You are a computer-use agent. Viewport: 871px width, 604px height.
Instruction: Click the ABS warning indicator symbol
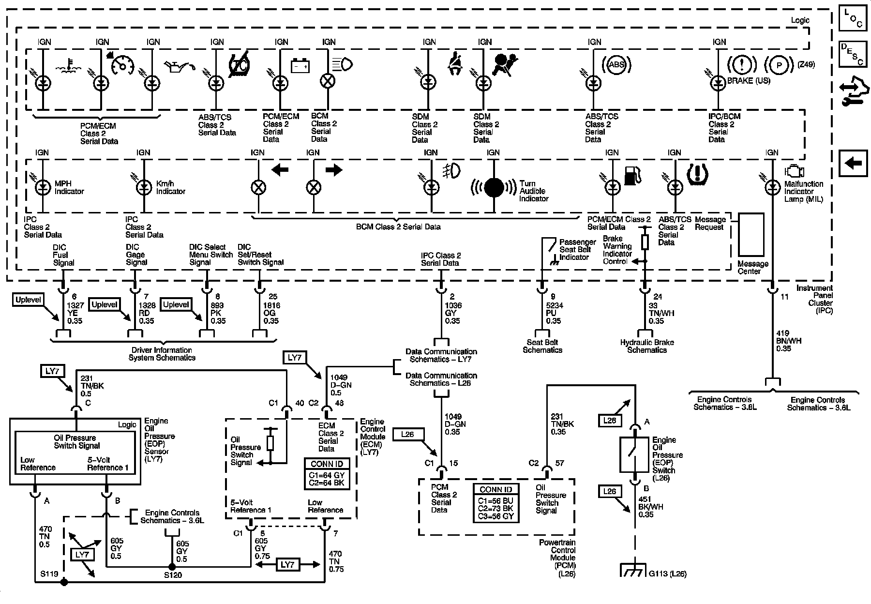tap(616, 64)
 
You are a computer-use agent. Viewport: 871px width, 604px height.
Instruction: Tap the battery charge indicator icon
tap(300, 65)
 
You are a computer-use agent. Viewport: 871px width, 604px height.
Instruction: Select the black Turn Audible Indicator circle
tap(494, 188)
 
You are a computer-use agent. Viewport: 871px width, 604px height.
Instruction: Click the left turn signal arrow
tap(280, 170)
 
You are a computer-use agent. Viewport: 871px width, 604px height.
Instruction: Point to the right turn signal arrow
tap(334, 170)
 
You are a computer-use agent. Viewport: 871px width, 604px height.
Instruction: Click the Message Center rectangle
tap(751, 235)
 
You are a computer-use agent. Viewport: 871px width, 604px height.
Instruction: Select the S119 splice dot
tap(64, 582)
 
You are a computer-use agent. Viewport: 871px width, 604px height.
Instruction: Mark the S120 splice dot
tap(171, 567)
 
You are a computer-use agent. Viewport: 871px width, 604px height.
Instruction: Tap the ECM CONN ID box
tap(327, 473)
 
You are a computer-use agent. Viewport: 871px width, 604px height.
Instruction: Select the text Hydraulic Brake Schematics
tap(647, 346)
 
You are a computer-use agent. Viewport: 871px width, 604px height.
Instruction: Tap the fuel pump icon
tap(632, 175)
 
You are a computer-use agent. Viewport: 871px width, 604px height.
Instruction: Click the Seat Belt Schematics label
tap(542, 346)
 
